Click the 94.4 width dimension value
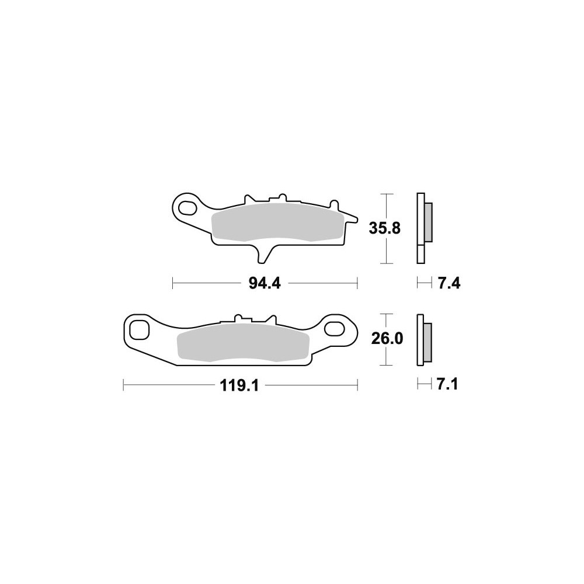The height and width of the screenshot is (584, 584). coord(264,284)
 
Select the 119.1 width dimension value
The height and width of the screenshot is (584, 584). coord(239,386)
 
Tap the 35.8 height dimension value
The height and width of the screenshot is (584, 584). coord(385,228)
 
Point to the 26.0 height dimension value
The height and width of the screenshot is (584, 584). coord(387,339)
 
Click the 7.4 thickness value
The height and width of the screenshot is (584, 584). coord(449,284)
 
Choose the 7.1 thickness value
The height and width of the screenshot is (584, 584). coord(447,384)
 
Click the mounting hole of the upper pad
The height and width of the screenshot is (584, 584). coord(187,208)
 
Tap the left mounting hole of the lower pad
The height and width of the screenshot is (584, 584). coord(140,329)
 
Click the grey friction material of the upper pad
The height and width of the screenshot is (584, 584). coord(276,223)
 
